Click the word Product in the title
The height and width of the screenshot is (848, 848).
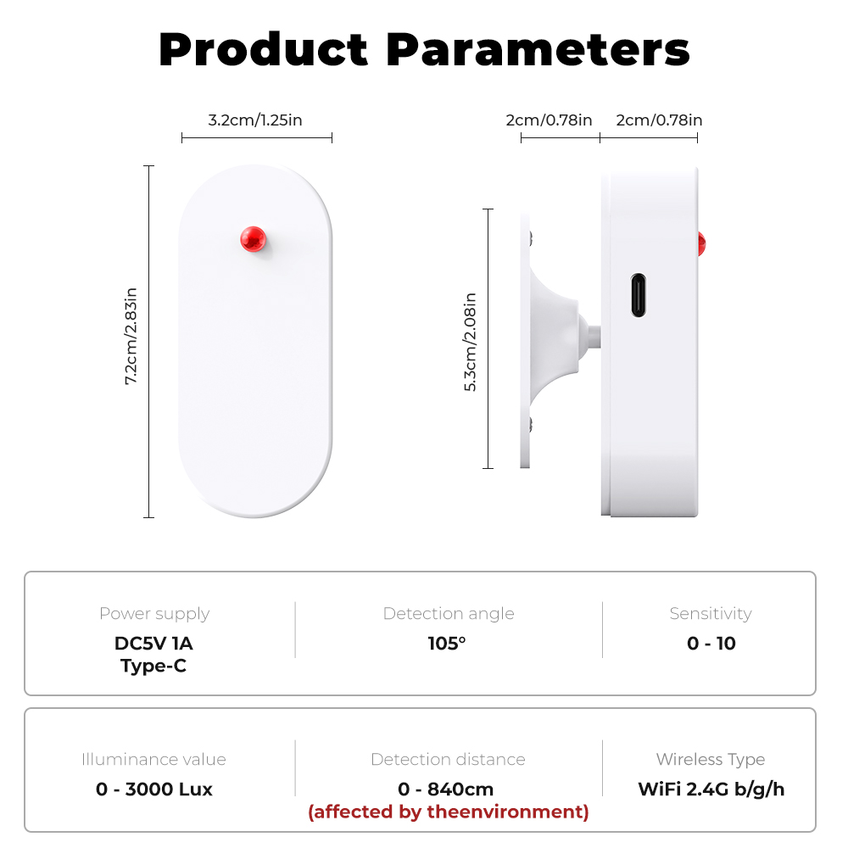[264, 50]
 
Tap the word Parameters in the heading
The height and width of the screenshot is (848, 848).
[538, 50]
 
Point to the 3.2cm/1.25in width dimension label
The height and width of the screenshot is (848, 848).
[255, 120]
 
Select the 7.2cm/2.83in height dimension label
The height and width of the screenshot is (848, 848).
[131, 336]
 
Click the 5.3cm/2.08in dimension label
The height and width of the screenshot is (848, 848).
[471, 342]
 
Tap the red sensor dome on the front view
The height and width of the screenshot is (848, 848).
[253, 239]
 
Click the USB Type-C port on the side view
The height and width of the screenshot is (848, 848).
[639, 295]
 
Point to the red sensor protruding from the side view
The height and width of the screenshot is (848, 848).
[701, 244]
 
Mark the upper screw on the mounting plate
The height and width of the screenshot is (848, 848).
[531, 238]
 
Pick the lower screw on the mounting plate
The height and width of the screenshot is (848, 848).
[531, 424]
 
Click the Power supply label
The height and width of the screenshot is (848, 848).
[154, 614]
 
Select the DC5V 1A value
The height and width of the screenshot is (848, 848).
[153, 644]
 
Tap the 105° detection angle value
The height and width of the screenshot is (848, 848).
[447, 644]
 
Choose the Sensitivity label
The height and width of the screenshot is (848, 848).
[711, 614]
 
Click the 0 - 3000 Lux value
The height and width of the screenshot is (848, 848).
[154, 789]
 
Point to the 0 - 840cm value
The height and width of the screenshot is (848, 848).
[446, 789]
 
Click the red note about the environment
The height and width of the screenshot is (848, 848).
[449, 812]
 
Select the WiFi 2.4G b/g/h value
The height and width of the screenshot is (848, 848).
[711, 789]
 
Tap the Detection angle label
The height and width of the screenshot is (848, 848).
[449, 614]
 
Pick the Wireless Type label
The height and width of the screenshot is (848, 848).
[711, 760]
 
